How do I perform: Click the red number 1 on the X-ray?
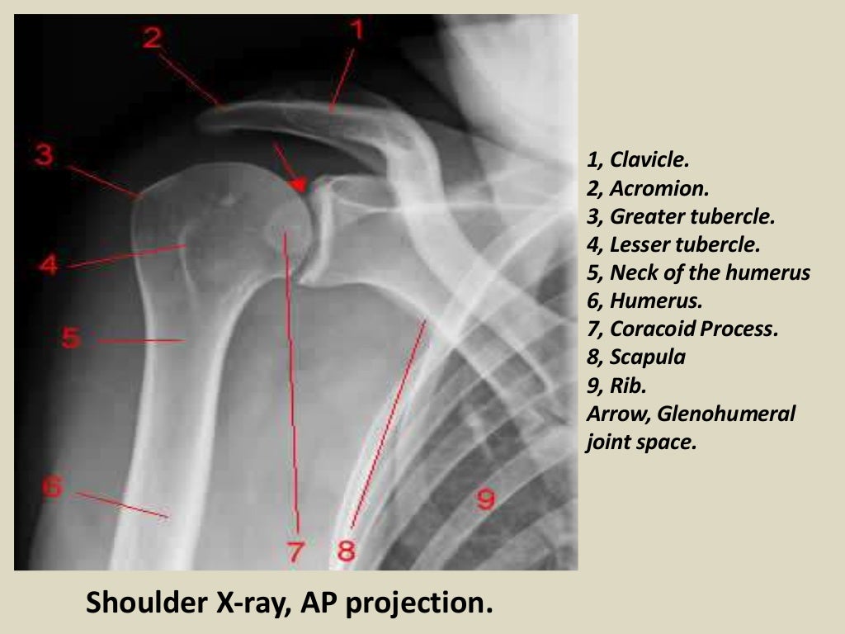[x=356, y=31]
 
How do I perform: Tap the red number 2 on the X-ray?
[x=151, y=37]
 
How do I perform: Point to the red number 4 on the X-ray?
[x=48, y=265]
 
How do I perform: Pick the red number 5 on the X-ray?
[x=71, y=338]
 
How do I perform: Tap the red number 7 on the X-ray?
[x=296, y=551]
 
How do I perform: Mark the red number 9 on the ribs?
[x=485, y=499]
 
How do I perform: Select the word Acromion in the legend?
[x=659, y=188]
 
